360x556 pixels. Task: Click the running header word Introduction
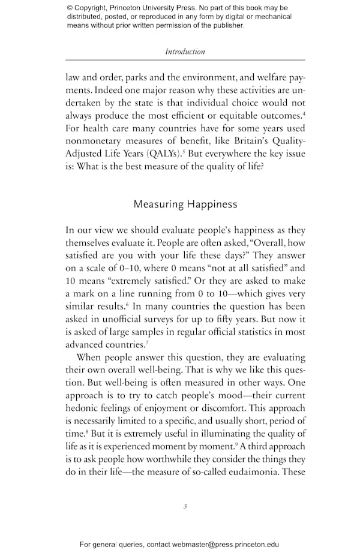185,52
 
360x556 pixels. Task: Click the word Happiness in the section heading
207,205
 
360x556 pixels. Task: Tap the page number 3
185,506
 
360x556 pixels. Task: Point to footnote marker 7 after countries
147,342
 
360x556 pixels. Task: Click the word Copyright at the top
95,8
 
